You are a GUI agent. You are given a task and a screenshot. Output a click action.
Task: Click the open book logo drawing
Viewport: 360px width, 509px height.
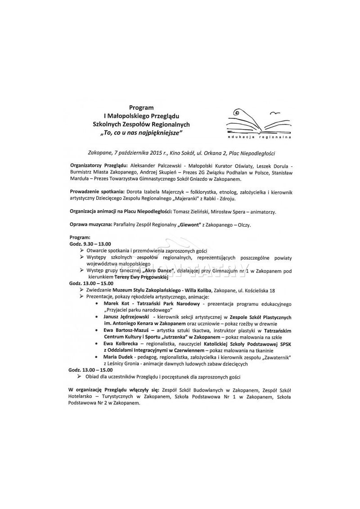[x=255, y=120]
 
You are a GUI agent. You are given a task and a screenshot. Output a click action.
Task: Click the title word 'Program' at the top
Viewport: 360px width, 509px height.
[x=141, y=107]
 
